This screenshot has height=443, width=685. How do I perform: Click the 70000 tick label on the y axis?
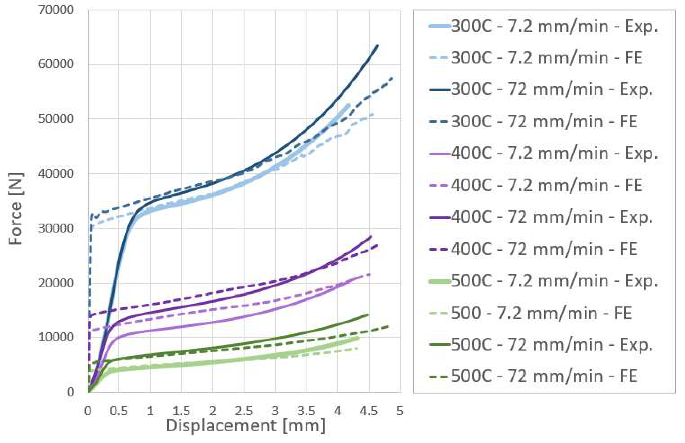click(x=56, y=10)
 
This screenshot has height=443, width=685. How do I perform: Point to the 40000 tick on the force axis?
click(x=56, y=174)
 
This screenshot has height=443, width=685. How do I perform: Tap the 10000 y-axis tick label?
click(x=56, y=337)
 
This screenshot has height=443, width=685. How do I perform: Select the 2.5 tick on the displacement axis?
click(x=244, y=411)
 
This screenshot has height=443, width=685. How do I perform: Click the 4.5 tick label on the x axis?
click(x=369, y=411)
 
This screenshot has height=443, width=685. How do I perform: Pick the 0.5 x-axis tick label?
click(x=118, y=411)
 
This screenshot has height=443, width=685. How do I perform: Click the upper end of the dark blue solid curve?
click(x=377, y=45)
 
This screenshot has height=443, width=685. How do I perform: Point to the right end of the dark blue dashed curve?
click(x=393, y=78)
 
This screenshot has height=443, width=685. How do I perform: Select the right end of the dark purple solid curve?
click(x=371, y=237)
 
